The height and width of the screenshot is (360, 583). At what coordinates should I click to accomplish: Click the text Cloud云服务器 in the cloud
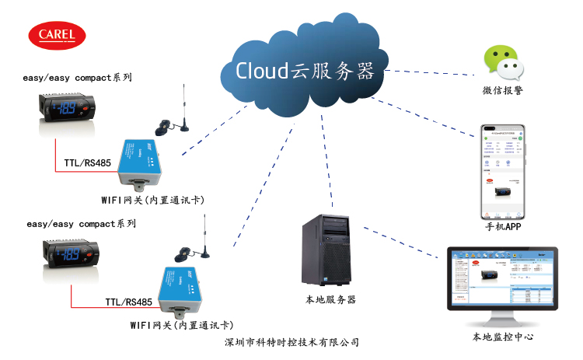[305, 72]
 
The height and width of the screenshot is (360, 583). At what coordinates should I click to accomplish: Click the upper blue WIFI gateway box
[143, 163]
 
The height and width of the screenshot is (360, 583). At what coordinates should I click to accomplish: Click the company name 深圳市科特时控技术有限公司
[291, 343]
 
